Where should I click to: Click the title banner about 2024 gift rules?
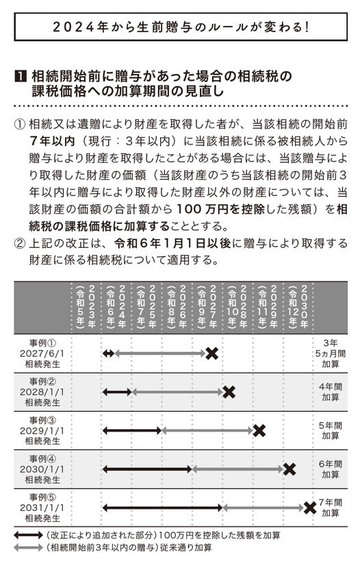180,28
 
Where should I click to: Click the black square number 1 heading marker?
19,75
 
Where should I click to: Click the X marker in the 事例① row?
212,353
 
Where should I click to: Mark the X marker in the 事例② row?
229,392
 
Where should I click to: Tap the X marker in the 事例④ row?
289,469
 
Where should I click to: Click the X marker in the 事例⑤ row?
309,508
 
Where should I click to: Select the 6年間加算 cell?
331,469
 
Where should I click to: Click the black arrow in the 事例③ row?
131,431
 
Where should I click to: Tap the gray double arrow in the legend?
29,548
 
